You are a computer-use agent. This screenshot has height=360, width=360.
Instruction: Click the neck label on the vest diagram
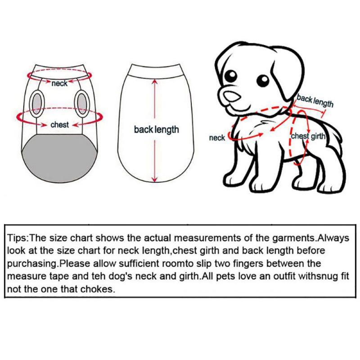pos(59,84)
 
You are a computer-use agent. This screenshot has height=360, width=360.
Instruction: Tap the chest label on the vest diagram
pos(59,125)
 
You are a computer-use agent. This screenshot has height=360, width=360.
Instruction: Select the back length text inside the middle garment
pos(156,130)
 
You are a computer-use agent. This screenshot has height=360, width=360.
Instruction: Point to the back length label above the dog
pos(315,101)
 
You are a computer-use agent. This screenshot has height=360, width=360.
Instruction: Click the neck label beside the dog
pos(217,138)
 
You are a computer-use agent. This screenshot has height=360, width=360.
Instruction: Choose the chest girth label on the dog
pos(308,136)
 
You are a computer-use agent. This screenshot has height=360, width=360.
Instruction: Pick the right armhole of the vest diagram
pos(82,102)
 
